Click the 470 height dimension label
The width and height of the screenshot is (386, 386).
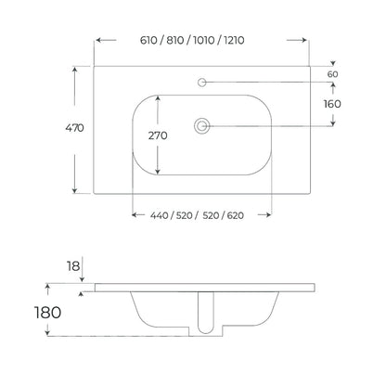74,128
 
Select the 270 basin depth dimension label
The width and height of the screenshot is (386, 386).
158,135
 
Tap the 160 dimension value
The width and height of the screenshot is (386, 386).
332,104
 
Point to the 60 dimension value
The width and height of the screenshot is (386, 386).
332,74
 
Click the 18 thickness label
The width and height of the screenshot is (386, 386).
73,266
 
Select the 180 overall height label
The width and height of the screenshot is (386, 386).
47,313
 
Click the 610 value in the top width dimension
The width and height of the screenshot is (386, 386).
148,40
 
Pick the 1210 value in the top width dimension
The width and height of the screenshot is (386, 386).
234,40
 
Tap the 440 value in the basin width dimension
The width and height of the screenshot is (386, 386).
159,215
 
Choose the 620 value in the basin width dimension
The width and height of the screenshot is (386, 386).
236,215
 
